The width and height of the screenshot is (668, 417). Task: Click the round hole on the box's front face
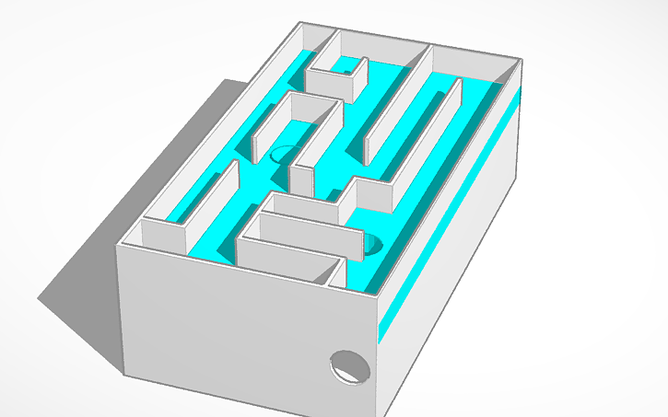coord(350,366)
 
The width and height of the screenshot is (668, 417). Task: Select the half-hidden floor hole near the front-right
coord(373,245)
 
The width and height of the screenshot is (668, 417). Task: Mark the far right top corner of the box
coord(522,61)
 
